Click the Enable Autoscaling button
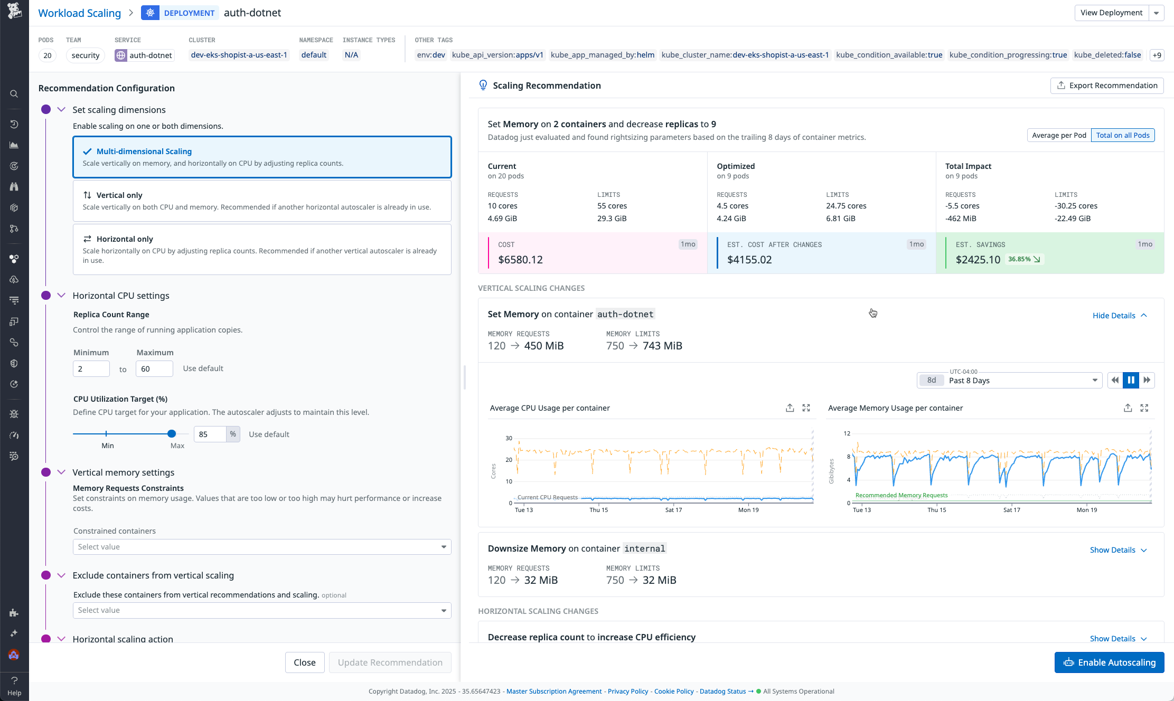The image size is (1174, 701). click(x=1109, y=662)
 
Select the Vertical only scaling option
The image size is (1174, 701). click(x=262, y=201)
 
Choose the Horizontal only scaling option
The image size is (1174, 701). click(x=262, y=249)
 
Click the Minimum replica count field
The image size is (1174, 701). click(x=91, y=369)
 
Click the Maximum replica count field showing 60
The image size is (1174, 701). click(x=154, y=369)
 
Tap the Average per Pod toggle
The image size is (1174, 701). click(x=1059, y=135)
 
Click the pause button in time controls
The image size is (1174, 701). click(x=1131, y=380)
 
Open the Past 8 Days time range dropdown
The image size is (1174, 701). click(x=1009, y=381)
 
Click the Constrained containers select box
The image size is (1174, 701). click(x=262, y=547)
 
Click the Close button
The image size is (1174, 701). click(x=305, y=662)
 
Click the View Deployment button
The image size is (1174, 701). click(x=1111, y=13)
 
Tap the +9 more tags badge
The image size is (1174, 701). click(x=1157, y=55)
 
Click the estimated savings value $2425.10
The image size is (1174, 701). click(x=978, y=260)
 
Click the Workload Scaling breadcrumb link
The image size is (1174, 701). click(x=80, y=13)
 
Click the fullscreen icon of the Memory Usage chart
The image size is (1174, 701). click(x=1144, y=408)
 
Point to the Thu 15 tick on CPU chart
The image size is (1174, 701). click(x=598, y=510)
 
